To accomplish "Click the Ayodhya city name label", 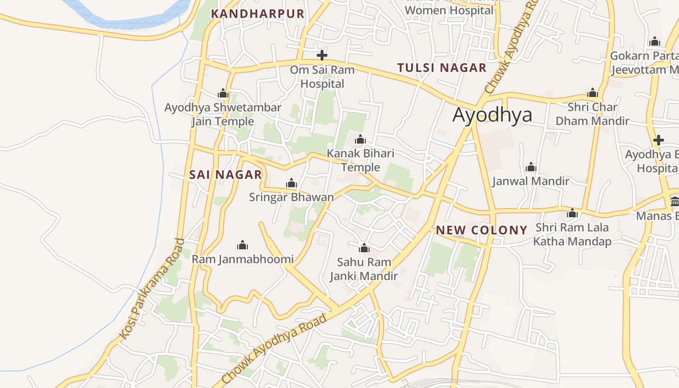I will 492,115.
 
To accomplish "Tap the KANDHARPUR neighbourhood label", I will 258,14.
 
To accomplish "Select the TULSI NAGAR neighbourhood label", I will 442,68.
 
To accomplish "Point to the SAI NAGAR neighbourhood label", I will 226,175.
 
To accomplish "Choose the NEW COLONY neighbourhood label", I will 482,230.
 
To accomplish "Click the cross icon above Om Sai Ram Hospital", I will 322,55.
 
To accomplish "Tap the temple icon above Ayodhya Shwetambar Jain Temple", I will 223,93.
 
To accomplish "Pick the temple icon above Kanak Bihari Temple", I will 360,140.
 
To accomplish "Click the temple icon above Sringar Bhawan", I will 291,183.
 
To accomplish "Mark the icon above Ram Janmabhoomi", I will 242,245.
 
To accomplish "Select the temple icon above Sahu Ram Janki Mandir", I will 364,248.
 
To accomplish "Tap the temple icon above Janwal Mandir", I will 531,167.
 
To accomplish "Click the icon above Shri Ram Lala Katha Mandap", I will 572,213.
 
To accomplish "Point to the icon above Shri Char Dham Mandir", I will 592,93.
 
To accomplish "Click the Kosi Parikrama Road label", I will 152,289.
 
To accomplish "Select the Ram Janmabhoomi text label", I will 242,259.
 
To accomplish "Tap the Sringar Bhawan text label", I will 291,197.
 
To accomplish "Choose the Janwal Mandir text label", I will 531,181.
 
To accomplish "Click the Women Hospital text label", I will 449,10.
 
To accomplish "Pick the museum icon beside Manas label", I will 675,201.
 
